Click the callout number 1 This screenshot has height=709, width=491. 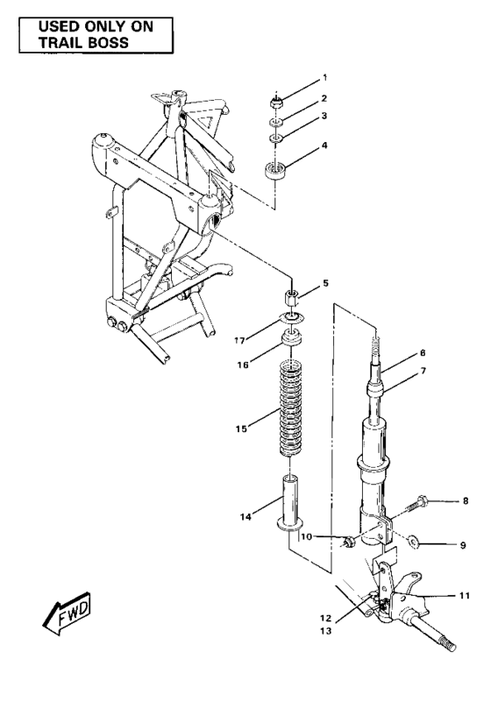pyautogui.click(x=324, y=78)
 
